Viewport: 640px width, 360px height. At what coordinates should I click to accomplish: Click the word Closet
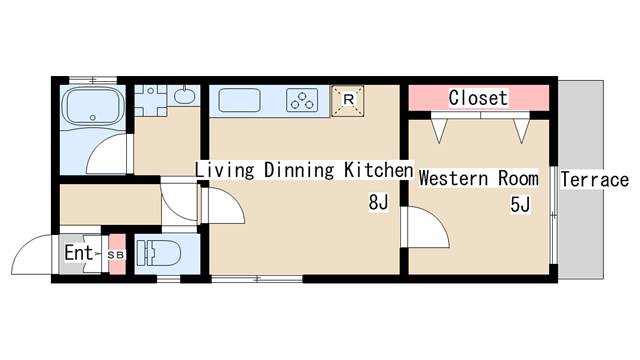click(x=478, y=98)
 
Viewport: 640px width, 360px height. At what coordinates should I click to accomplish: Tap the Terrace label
click(x=594, y=180)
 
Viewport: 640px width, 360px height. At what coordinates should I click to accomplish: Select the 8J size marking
click(x=378, y=202)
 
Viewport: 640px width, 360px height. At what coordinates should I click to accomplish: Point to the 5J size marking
click(x=520, y=204)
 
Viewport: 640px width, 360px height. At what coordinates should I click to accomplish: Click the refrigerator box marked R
click(x=348, y=101)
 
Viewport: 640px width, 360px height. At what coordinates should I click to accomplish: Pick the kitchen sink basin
click(x=239, y=100)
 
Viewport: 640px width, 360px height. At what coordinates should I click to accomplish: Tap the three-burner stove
click(x=302, y=100)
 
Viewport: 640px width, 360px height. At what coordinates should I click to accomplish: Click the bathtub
click(x=93, y=107)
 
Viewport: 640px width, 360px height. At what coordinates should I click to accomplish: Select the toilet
click(x=158, y=253)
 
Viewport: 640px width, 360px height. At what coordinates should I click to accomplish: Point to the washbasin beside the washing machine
click(x=184, y=96)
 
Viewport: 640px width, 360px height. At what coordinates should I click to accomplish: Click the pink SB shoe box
click(x=117, y=254)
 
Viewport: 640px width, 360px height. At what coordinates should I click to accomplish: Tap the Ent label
click(x=78, y=253)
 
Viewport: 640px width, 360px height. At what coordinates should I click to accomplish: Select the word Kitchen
click(x=378, y=170)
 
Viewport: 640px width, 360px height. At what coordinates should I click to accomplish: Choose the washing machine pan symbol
click(x=151, y=100)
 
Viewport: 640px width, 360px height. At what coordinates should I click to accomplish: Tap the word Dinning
click(x=299, y=170)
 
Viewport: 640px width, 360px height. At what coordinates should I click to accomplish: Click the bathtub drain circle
click(x=93, y=118)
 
